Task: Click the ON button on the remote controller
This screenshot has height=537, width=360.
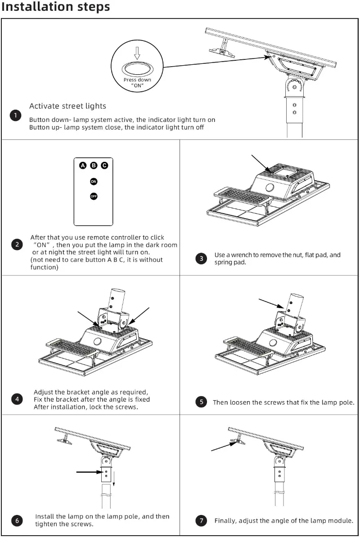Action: pyautogui.click(x=94, y=182)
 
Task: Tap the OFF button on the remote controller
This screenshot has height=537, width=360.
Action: pyautogui.click(x=94, y=196)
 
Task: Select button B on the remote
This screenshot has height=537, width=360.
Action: pyautogui.click(x=94, y=166)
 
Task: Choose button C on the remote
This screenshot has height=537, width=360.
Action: pyautogui.click(x=104, y=166)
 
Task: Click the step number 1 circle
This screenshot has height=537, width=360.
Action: pyautogui.click(x=15, y=116)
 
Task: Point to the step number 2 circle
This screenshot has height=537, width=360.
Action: pyautogui.click(x=17, y=245)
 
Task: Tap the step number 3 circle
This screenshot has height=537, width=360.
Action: pyautogui.click(x=202, y=259)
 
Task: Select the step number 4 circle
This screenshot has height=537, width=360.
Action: pyautogui.click(x=17, y=399)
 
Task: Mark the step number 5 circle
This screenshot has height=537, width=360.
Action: pyautogui.click(x=202, y=402)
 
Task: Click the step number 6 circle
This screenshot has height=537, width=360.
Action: pyautogui.click(x=17, y=520)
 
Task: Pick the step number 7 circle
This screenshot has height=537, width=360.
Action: pyautogui.click(x=202, y=520)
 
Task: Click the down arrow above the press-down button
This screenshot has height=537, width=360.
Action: pyautogui.click(x=137, y=53)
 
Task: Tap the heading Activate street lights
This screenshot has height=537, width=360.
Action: pyautogui.click(x=67, y=106)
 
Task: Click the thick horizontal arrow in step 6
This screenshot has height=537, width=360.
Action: pyautogui.click(x=89, y=472)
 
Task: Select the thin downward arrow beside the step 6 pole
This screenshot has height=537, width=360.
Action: pyautogui.click(x=114, y=479)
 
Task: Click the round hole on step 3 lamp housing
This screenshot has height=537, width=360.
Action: pyautogui.click(x=270, y=188)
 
